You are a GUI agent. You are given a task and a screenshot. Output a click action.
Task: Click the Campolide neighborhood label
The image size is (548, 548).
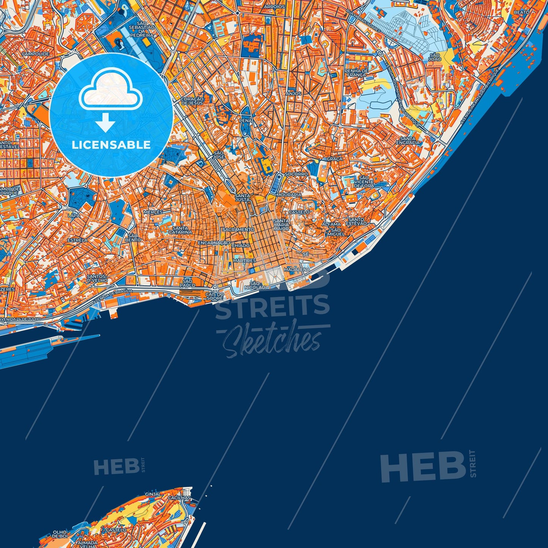(x=35, y=54)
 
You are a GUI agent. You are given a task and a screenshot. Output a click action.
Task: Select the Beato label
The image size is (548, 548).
(x=521, y=12)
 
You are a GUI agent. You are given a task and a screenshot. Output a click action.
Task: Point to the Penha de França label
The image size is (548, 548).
(x=356, y=73)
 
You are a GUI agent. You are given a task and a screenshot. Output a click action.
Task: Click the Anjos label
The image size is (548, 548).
(x=294, y=93)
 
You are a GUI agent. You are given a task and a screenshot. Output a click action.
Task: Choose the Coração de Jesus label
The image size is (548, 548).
(x=192, y=101)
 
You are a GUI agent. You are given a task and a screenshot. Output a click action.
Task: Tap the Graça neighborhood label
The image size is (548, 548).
(x=334, y=159)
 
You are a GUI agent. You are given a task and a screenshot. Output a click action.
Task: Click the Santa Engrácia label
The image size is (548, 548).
(x=408, y=141)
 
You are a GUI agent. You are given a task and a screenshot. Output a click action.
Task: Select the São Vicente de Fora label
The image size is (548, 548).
(x=364, y=182)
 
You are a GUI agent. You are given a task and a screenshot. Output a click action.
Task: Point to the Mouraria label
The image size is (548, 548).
(x=289, y=195)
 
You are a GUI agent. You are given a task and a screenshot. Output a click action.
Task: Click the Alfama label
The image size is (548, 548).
(x=331, y=225)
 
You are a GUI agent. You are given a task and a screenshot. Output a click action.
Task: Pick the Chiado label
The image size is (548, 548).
(x=240, y=246)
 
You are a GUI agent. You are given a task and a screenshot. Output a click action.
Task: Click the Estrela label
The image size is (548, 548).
(x=77, y=240)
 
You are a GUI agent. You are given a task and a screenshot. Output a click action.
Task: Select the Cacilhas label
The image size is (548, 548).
(x=179, y=498)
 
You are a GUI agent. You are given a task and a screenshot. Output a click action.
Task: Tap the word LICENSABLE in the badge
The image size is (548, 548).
(x=111, y=145)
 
